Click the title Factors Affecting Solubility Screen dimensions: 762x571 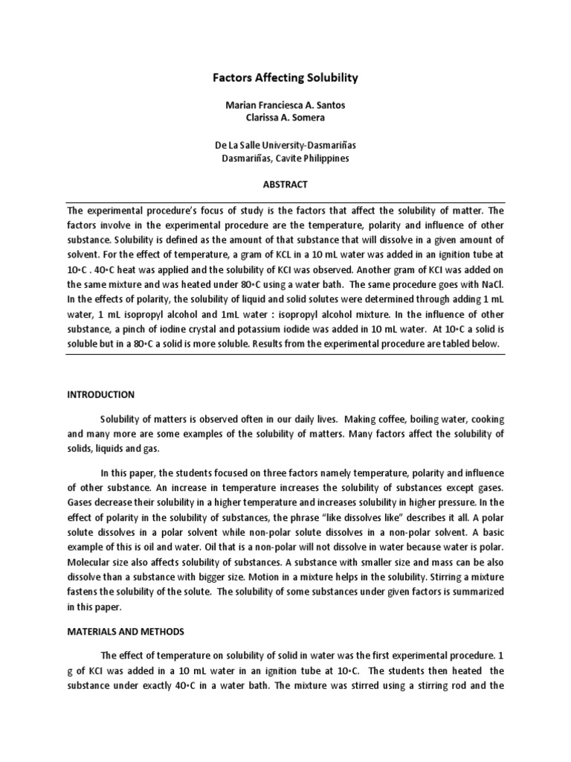pos(285,77)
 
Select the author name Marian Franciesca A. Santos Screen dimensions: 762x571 pos(285,106)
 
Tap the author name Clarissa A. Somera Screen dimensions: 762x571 pos(285,118)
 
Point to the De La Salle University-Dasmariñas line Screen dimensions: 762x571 pos(285,145)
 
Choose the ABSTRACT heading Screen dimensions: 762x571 pos(285,185)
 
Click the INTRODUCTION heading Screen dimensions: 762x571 pos(100,394)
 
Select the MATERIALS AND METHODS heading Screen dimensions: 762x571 pos(126,631)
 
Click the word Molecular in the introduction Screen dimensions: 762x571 pos(91,562)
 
